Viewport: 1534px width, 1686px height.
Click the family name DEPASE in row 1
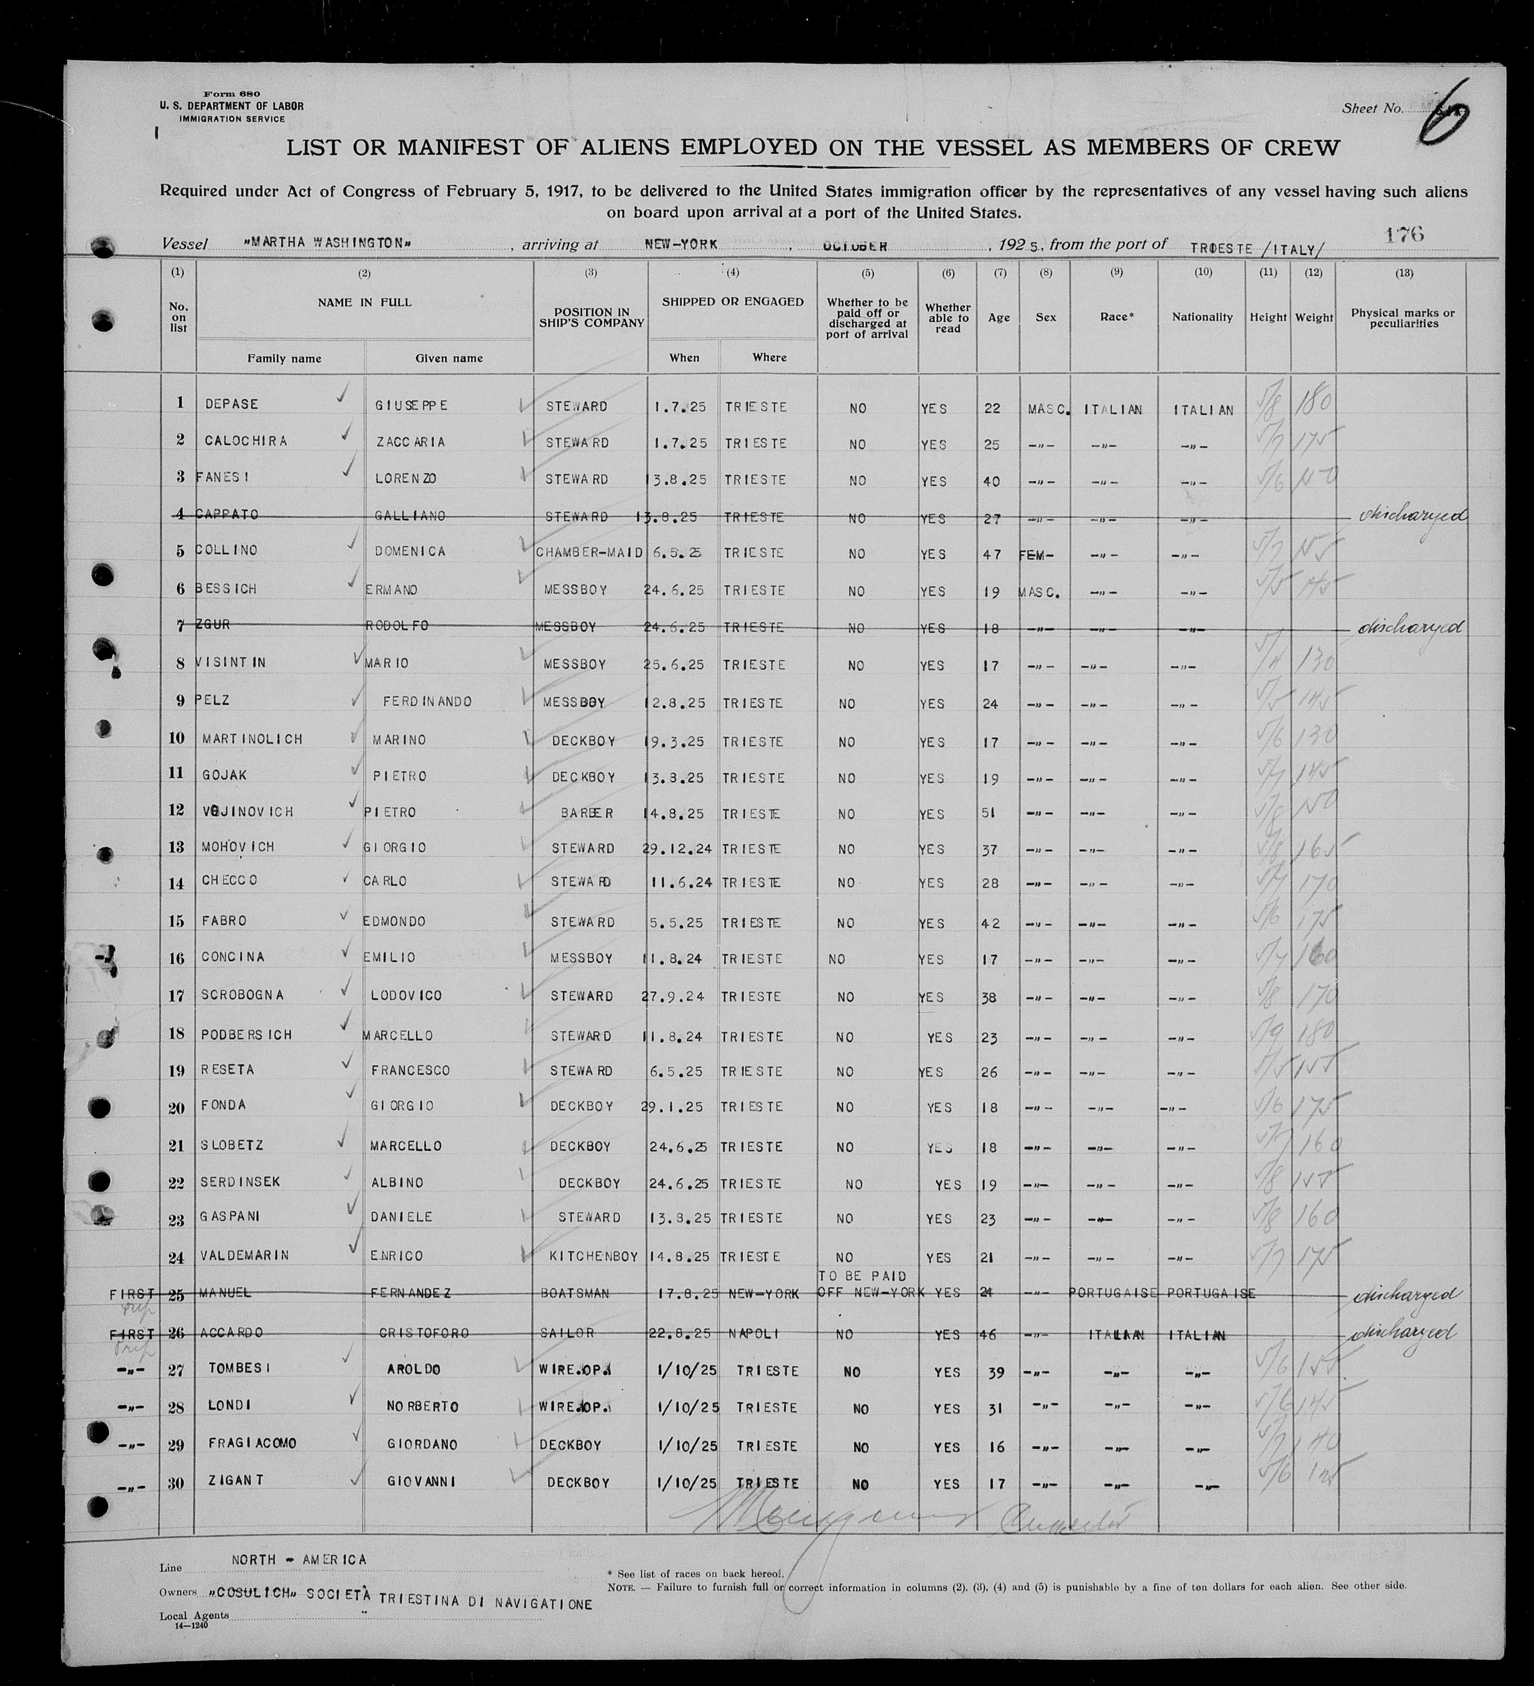point(232,404)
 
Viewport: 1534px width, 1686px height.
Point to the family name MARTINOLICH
point(253,739)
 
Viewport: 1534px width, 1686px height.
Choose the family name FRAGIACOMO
point(252,1443)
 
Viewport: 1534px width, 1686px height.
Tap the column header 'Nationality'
point(1202,318)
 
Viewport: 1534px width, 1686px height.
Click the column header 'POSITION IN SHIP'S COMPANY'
point(590,318)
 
